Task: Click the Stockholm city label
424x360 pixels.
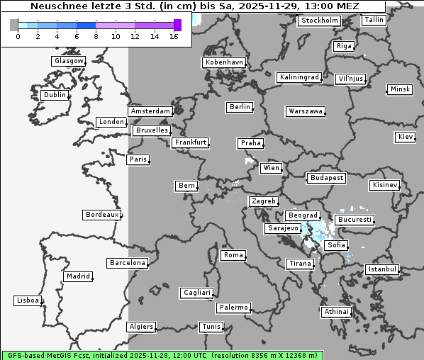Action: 319,21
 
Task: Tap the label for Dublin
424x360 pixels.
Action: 54,95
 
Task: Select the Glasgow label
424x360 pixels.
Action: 69,61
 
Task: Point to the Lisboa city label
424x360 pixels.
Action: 28,300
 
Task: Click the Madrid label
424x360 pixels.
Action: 77,276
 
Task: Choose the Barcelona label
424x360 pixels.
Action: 128,263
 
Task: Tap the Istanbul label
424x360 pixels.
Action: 382,269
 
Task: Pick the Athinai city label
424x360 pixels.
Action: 336,312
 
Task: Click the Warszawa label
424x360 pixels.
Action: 306,111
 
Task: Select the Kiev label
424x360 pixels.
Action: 406,136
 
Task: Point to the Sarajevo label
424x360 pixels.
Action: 283,229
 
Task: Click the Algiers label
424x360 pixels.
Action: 140,327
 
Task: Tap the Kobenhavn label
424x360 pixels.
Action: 224,62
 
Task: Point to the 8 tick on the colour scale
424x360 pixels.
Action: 96,35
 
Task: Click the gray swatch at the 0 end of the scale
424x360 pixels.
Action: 14,25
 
